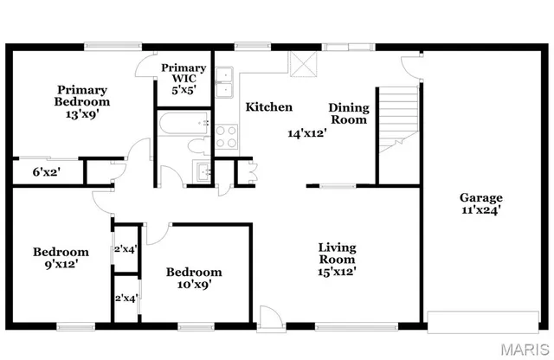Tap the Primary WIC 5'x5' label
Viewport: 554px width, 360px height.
[184, 79]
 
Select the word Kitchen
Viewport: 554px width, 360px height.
[268, 107]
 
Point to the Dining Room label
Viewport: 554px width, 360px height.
[349, 113]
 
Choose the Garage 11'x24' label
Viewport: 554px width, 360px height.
[480, 202]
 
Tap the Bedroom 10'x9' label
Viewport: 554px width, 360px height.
[194, 277]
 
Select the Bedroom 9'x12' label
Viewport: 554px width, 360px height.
[61, 258]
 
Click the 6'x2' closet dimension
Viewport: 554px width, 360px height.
[46, 172]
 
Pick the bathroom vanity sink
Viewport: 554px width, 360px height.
[202, 171]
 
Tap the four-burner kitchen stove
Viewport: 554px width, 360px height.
[227, 136]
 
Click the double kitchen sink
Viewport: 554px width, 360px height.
[227, 88]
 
